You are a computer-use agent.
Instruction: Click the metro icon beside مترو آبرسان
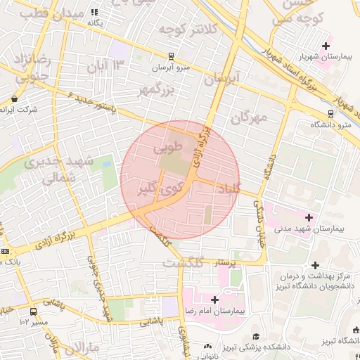pos(171,56)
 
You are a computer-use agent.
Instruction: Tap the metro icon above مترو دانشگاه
pos(330,113)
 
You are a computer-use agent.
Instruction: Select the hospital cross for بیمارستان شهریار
pos(326,46)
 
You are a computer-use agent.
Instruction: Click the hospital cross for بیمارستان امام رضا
pos(214,300)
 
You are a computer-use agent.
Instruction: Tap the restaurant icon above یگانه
pos(95,12)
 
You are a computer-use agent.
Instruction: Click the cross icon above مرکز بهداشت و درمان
pos(315,265)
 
